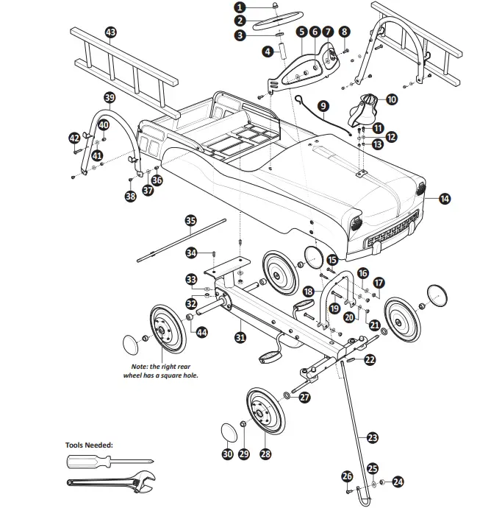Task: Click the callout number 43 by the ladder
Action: [111, 32]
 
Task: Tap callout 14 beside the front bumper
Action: [445, 197]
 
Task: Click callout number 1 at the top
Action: [240, 7]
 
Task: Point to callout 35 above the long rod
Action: [190, 220]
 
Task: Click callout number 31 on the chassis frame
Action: [240, 338]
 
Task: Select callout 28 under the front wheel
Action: [265, 454]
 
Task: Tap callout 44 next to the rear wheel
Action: [201, 333]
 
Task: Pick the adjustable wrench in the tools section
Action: [110, 483]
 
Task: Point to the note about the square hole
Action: [160, 370]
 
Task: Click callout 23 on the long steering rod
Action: [373, 437]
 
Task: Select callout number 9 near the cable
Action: [323, 107]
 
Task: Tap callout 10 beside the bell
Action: [391, 99]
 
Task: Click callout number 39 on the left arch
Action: [110, 97]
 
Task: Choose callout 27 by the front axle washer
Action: [304, 398]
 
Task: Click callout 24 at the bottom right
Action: [398, 482]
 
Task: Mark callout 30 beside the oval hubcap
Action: [227, 454]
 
